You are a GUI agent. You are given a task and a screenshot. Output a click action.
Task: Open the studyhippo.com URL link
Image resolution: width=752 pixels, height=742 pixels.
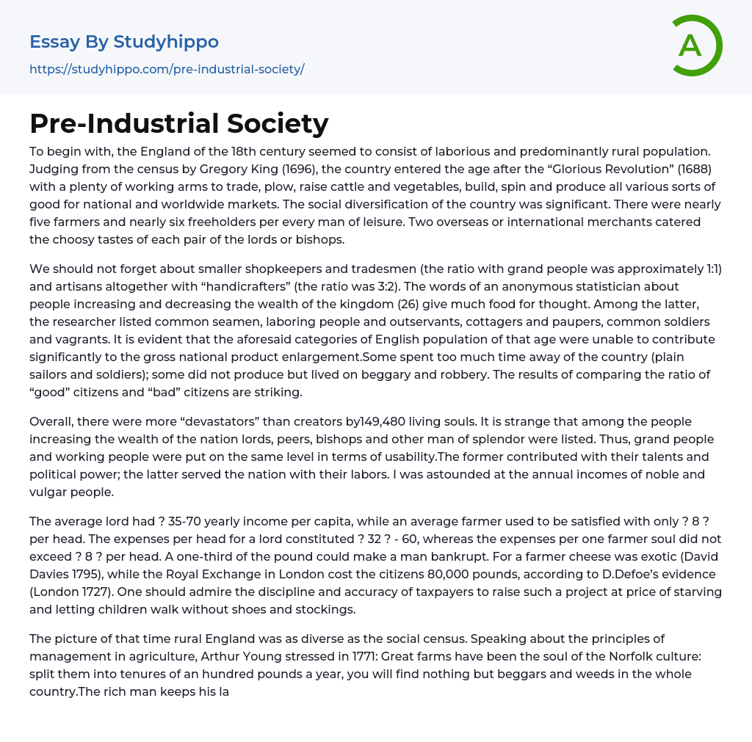pos(167,69)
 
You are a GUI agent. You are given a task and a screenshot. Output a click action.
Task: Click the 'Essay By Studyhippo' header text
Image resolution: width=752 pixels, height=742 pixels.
pos(124,42)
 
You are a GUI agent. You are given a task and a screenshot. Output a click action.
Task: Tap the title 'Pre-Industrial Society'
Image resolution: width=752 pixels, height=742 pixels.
pos(178,123)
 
